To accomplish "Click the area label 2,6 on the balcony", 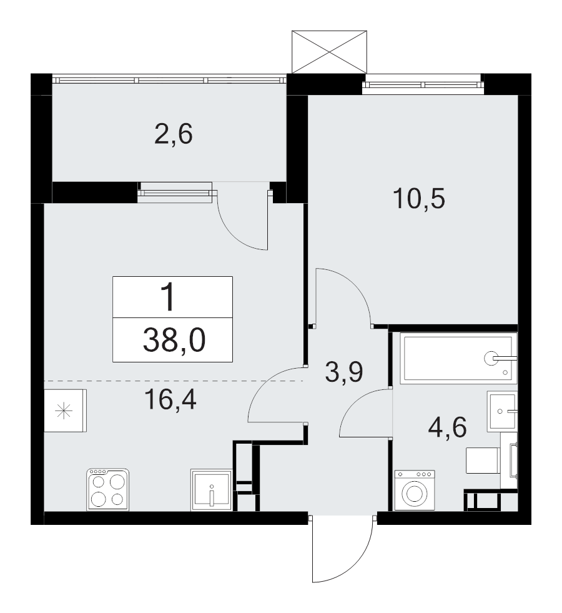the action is coord(174,134).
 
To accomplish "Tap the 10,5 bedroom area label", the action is coord(419,198).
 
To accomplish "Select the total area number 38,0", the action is coord(174,340).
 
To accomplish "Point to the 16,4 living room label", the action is coord(170,399).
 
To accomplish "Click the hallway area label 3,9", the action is coord(344,372).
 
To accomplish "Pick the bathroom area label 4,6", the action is coord(447,427).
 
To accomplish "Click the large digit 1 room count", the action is coord(169,297).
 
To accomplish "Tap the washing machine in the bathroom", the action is coord(415,491).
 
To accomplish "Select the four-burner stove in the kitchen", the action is coord(108,489).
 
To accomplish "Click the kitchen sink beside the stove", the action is coord(211,491).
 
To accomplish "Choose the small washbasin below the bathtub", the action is coord(502,411).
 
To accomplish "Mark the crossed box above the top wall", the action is coord(330,52).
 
